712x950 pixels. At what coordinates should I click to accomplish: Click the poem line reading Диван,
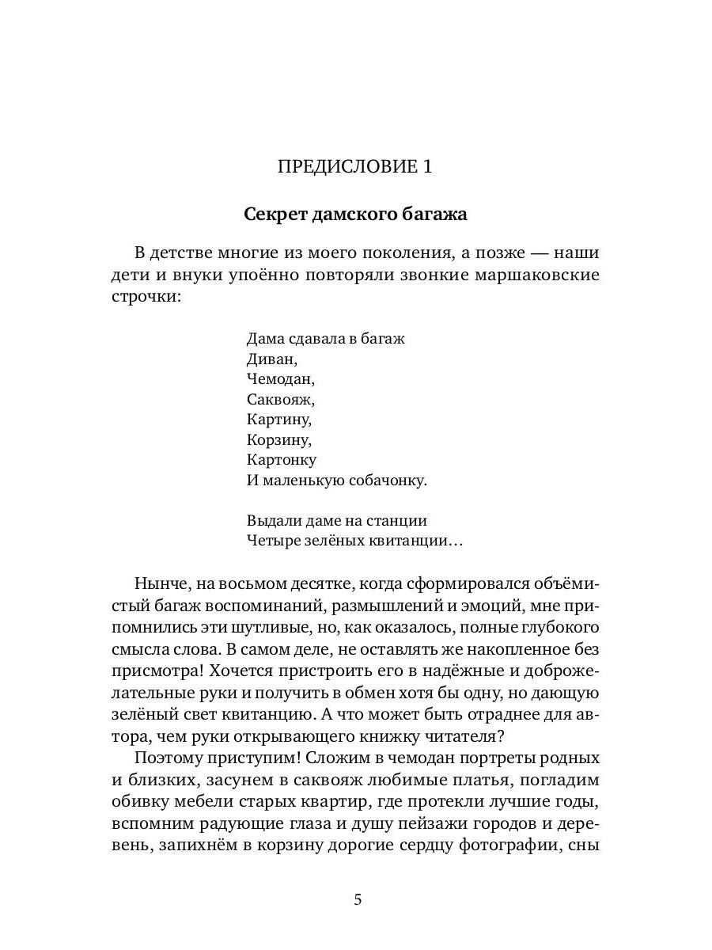pos(270,359)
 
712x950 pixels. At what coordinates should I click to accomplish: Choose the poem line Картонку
pos(281,459)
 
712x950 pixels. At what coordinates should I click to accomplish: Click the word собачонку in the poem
pos(388,480)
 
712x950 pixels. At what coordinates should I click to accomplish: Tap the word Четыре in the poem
pos(272,541)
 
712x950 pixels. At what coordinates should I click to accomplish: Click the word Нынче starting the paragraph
pos(161,584)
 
